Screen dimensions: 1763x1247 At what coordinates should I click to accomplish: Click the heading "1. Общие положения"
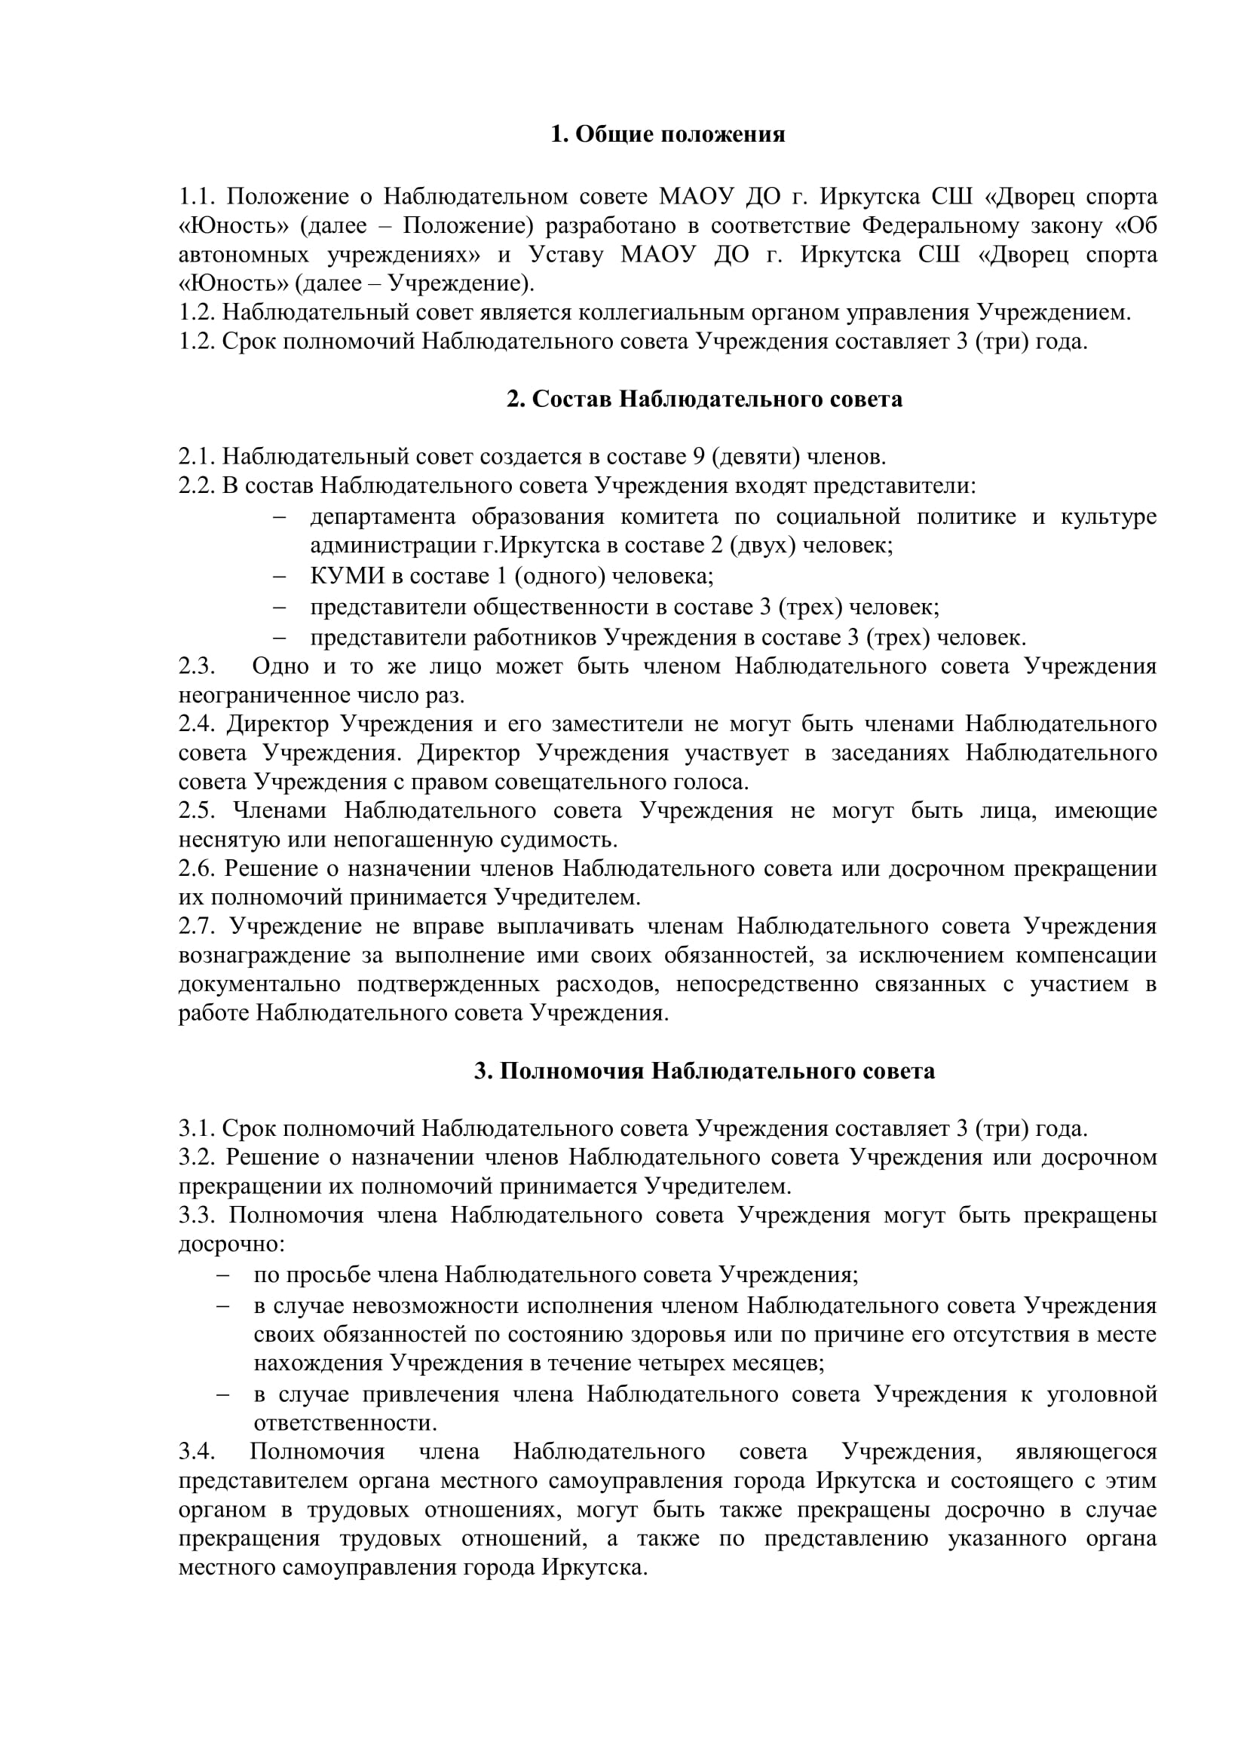tap(668, 135)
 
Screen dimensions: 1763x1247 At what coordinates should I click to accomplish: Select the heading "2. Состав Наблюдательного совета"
tap(704, 399)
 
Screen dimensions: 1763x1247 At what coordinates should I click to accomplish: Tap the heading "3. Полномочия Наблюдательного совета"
tap(704, 1071)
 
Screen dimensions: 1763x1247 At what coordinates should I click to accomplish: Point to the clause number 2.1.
tap(198, 458)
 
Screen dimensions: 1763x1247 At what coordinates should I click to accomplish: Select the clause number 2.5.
tap(198, 811)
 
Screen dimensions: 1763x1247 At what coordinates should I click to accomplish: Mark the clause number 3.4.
tap(198, 1452)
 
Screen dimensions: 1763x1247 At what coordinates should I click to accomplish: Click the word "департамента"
tap(382, 517)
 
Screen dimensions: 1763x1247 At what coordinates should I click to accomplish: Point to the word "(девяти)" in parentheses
tap(755, 458)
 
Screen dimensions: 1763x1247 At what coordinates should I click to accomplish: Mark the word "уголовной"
tap(1102, 1394)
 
